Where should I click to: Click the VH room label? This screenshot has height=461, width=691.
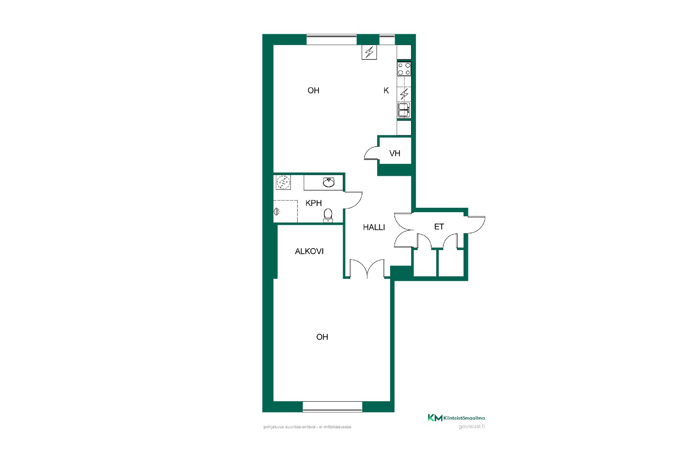point(395,153)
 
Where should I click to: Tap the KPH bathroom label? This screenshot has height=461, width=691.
point(313,203)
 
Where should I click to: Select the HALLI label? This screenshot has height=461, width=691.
point(374,227)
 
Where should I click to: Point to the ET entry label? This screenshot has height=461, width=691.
point(439,227)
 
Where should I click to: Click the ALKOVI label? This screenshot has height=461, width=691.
point(309,251)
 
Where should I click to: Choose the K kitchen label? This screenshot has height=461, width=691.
point(386,91)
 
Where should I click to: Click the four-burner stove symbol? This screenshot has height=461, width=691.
point(404,69)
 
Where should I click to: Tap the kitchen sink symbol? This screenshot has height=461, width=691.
point(404,110)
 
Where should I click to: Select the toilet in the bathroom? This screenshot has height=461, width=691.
point(328,215)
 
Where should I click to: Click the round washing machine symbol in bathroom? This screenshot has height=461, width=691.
point(283,183)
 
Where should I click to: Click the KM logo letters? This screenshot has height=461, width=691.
point(435,418)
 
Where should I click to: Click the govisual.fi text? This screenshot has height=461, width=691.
point(472,427)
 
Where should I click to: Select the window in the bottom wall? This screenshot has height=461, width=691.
point(333,407)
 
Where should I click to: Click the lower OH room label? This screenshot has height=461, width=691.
point(322,337)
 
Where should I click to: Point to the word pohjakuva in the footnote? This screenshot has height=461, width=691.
point(271,427)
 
